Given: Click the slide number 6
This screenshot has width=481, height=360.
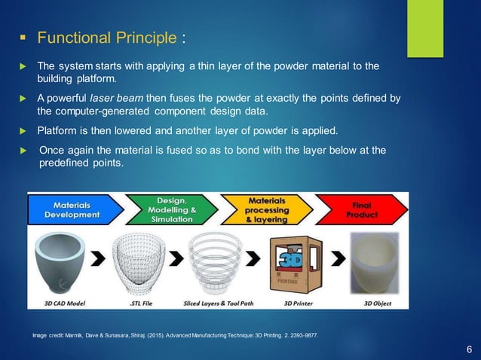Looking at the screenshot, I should click(469, 349).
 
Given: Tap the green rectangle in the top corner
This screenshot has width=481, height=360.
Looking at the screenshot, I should click(425, 28).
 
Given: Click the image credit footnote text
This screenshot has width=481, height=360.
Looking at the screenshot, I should click(170, 334).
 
